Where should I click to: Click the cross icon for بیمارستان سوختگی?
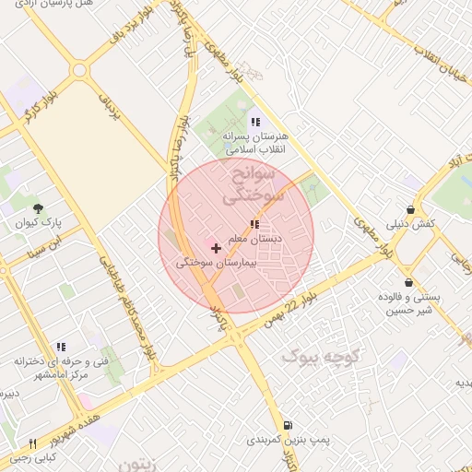tap(217, 248)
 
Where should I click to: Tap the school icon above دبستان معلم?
tap(254, 224)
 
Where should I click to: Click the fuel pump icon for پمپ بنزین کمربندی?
tap(289, 425)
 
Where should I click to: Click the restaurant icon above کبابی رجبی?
tap(33, 443)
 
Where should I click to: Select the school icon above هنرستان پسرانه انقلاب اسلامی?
tap(255, 121)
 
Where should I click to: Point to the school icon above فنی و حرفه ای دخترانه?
tap(61, 347)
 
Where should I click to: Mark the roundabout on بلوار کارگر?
tap(79, 70)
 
